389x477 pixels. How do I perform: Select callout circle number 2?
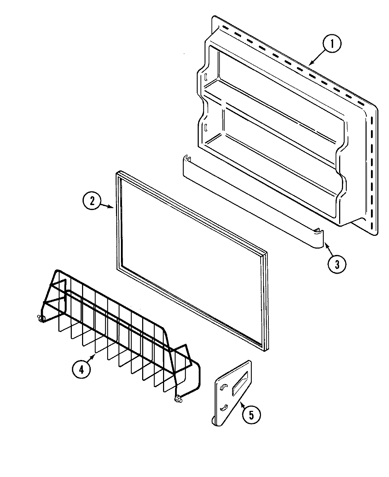pyautogui.click(x=92, y=201)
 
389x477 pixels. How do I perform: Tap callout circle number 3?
pyautogui.click(x=337, y=264)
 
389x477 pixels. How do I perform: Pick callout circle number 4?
pyautogui.click(x=81, y=369)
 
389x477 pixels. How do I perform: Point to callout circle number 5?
pyautogui.click(x=251, y=415)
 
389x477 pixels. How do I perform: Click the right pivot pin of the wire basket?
pyautogui.click(x=178, y=400)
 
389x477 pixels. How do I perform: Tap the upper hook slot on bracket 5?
pyautogui.click(x=222, y=388)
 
